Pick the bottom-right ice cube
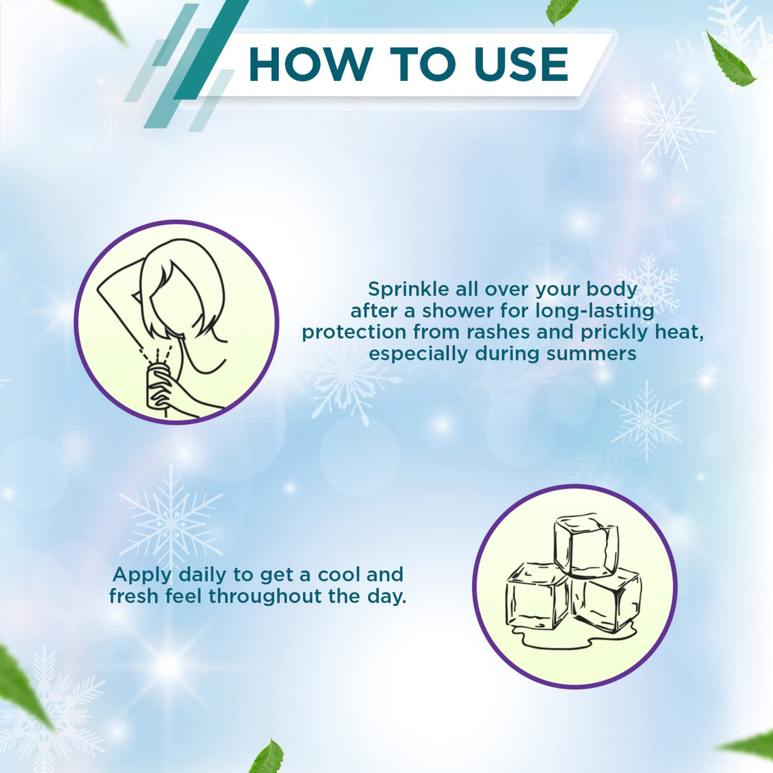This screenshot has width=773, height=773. coord(606,599)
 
